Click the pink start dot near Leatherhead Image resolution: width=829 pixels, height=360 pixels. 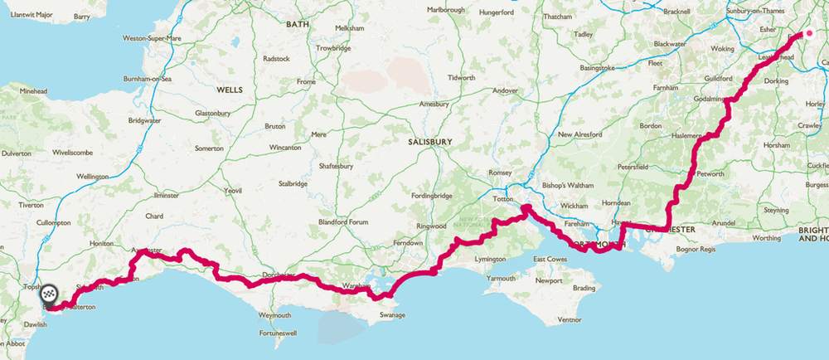[810, 34]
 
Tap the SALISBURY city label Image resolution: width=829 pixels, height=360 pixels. [430, 142]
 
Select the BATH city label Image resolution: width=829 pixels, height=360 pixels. [297, 25]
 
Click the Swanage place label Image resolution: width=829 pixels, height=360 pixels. [393, 315]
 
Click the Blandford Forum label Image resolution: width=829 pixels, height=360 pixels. [346, 222]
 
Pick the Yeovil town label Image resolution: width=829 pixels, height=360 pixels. [232, 191]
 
